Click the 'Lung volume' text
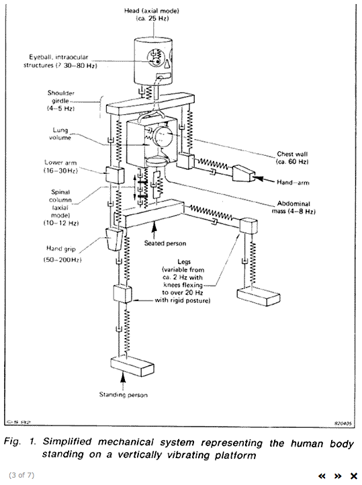point(60,134)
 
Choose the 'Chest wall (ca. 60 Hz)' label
point(292,158)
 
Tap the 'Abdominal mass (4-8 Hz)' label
point(293,208)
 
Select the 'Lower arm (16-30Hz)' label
point(60,167)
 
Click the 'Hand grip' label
point(61,249)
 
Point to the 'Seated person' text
point(165,243)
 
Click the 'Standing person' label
point(124,395)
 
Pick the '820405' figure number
point(343,424)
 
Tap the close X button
point(353,476)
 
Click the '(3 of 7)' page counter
point(21,475)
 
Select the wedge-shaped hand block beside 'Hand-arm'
point(243,173)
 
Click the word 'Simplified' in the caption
point(67,442)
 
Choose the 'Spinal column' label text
point(60,196)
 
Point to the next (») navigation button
point(338,476)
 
